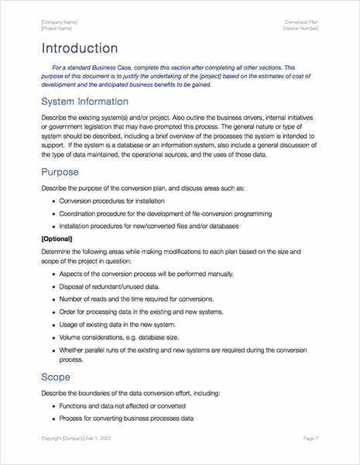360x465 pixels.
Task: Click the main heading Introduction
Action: click(81, 48)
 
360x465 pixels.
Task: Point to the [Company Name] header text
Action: click(59, 22)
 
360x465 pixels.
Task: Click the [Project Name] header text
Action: click(57, 28)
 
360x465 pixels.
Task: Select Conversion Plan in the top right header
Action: click(302, 22)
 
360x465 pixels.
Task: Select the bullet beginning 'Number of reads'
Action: click(135, 302)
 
